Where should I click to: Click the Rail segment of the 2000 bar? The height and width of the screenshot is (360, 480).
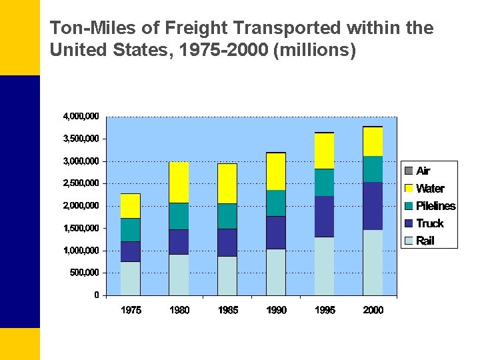coord(373,263)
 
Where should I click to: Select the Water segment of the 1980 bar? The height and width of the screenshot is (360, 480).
coord(179,182)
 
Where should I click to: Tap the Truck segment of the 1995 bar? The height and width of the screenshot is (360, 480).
coord(324,217)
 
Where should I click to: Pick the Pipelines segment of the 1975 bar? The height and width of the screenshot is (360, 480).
coord(130,230)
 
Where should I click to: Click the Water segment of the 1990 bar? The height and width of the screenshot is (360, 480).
coord(276,171)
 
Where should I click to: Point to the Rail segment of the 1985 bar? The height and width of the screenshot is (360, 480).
coord(227,276)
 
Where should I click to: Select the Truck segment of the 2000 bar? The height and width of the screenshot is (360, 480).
coord(373,206)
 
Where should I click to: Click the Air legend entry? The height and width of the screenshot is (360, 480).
coord(423,171)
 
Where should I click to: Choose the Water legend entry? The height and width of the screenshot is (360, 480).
coord(430,189)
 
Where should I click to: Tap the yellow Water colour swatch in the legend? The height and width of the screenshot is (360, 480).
coord(409,189)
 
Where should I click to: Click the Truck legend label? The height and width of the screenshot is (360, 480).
coord(429,223)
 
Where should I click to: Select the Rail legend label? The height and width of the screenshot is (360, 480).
coord(425,241)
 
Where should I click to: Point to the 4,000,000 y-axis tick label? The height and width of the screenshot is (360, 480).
coord(81,117)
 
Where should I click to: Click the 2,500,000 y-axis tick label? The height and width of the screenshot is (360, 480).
coord(81,183)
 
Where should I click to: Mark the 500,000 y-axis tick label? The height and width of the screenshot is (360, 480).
coord(84,273)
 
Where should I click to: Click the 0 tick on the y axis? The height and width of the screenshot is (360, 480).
coord(96,295)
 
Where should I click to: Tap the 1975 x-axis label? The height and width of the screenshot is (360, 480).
coord(131,310)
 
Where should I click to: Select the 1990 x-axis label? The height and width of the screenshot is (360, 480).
coord(276,310)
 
